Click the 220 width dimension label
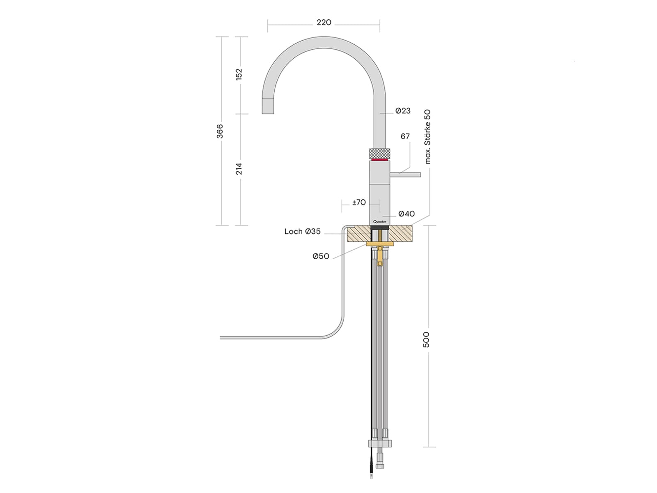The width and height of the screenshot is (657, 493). [x=324, y=23]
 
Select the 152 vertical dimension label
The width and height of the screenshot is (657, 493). [x=239, y=74]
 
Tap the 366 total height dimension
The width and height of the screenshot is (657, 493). [x=220, y=131]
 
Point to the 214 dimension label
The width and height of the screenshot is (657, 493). [x=239, y=169]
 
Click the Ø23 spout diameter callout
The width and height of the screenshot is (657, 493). [x=403, y=111]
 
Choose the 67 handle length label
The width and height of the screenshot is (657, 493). [x=405, y=136]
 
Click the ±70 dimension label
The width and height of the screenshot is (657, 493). [x=359, y=202]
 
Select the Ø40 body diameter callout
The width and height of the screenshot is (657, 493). [x=407, y=214]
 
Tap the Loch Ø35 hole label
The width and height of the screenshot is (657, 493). [x=302, y=232]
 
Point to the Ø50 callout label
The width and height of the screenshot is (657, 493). [x=321, y=256]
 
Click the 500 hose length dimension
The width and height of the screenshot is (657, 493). [x=426, y=339]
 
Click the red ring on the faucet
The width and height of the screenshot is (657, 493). [x=379, y=159]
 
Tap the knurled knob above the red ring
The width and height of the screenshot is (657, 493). [x=379, y=153]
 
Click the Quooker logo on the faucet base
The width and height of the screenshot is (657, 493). [x=379, y=222]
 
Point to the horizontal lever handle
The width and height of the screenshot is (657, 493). [x=405, y=175]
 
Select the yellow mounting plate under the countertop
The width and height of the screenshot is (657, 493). [x=379, y=244]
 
